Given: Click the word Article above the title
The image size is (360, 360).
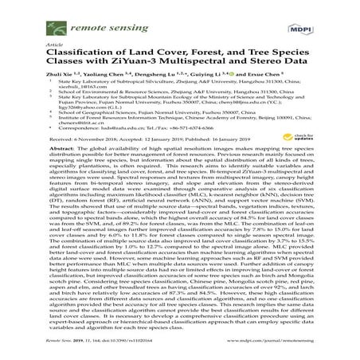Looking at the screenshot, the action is tap(57, 45).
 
